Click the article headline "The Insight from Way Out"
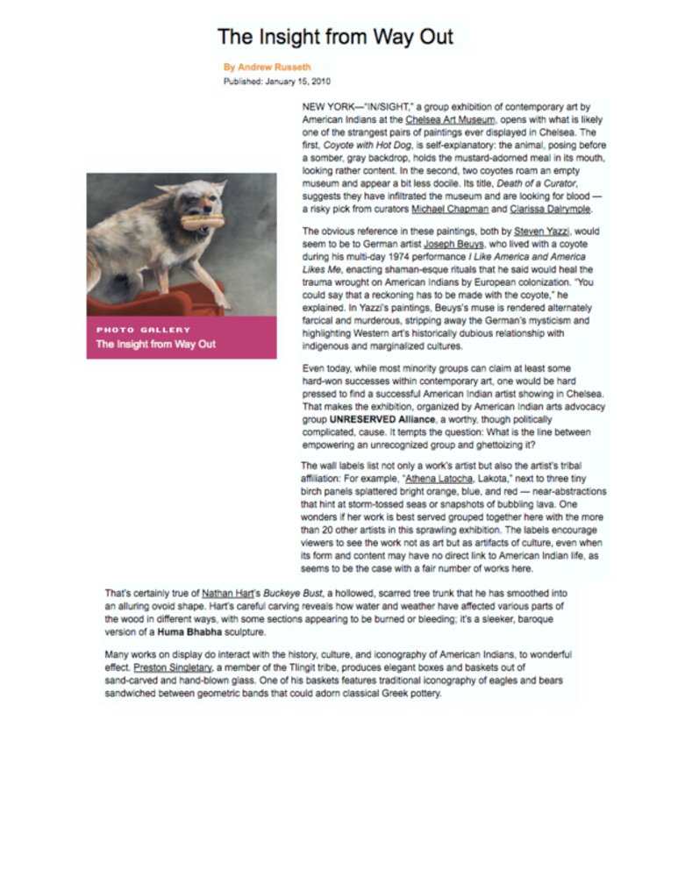[x=335, y=37]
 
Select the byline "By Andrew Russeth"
[x=267, y=67]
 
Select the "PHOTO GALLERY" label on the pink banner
[x=144, y=330]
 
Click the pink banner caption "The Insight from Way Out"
[x=156, y=344]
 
